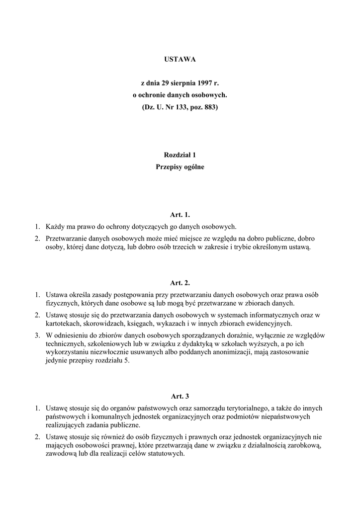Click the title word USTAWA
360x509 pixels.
tap(180, 59)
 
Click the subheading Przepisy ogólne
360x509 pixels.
tap(180, 167)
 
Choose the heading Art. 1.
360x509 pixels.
tap(180, 215)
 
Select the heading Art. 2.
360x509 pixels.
tap(180, 283)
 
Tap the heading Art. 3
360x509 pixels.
tap(180, 396)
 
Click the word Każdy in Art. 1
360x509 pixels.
tap(55, 226)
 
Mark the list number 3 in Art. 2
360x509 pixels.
tap(37, 335)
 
